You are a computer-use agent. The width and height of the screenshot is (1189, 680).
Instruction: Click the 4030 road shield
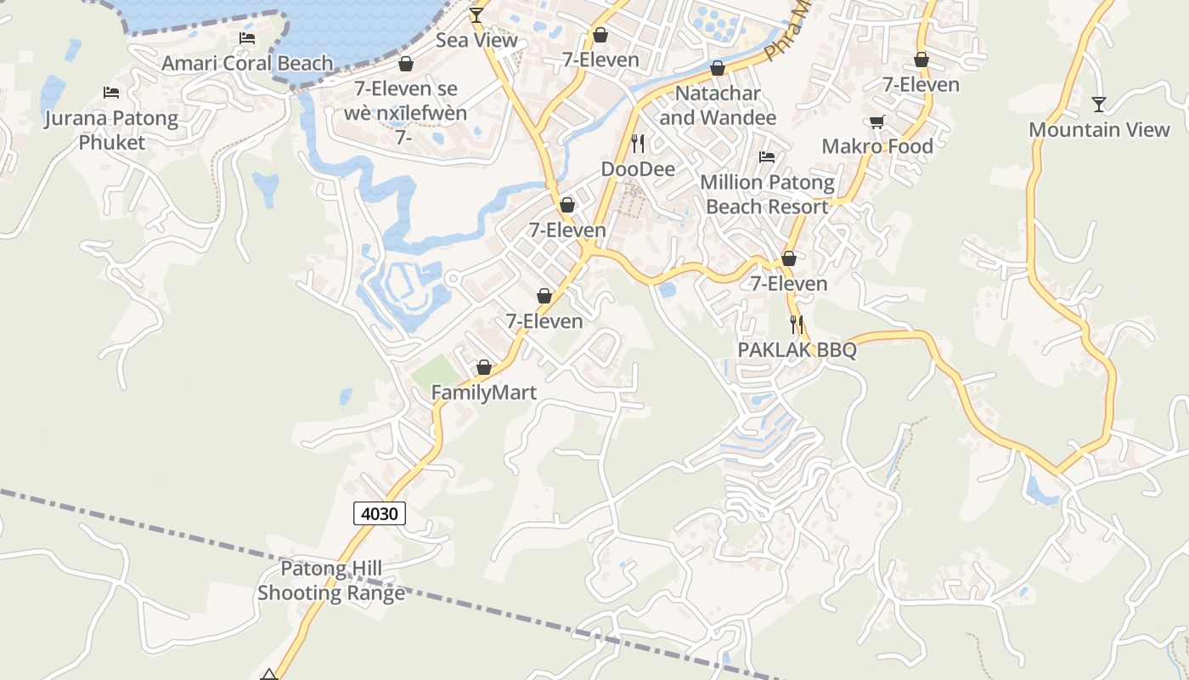tap(379, 513)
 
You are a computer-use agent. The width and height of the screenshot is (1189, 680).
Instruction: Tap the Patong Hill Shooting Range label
tap(331, 581)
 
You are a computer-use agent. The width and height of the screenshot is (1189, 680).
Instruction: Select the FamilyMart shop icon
tap(484, 367)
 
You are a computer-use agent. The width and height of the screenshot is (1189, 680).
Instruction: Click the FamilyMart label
tap(484, 393)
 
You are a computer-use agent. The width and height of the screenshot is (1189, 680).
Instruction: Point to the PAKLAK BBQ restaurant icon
tap(797, 324)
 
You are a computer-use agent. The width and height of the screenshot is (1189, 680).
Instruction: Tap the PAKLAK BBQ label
tap(797, 349)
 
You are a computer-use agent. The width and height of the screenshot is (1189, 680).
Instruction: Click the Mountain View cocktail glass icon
tap(1099, 104)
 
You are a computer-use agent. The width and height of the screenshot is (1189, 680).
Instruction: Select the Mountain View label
tap(1099, 130)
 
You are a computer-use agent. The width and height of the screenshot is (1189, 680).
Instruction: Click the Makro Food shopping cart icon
tap(877, 122)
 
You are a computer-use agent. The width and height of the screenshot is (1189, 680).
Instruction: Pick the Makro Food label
tap(877, 146)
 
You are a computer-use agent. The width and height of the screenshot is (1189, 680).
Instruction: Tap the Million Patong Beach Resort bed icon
tap(767, 157)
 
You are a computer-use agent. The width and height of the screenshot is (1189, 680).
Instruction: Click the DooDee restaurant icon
tap(639, 143)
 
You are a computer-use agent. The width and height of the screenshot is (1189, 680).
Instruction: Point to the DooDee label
tap(639, 169)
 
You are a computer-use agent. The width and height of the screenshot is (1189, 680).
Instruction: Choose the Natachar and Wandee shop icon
tap(718, 68)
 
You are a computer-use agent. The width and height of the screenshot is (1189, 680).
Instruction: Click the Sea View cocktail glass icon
tap(476, 14)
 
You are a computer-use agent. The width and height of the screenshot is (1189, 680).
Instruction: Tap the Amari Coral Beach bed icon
tap(247, 38)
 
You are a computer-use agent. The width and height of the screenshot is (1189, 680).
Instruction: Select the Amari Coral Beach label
tap(247, 63)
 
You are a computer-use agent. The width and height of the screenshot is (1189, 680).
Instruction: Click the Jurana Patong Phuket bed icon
tap(111, 92)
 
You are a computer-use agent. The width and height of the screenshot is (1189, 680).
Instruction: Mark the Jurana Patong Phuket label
tap(111, 130)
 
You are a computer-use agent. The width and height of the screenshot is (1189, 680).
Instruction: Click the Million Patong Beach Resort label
tap(767, 195)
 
